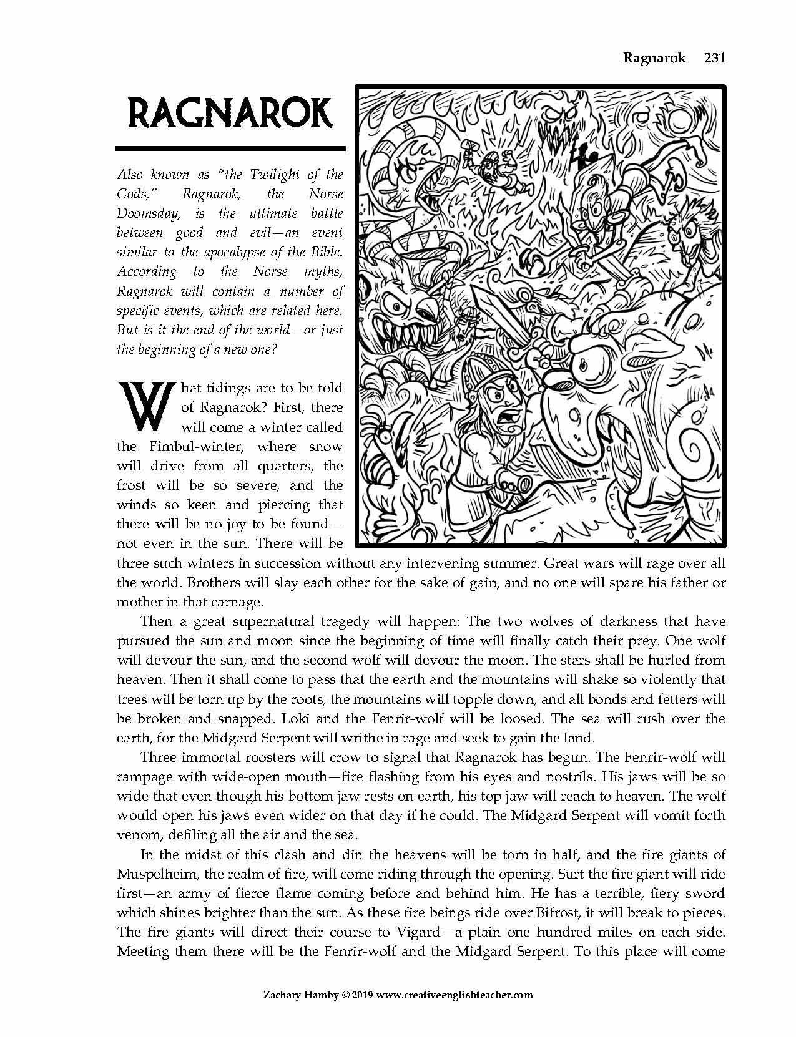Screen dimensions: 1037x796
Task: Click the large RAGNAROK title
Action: pyautogui.click(x=230, y=114)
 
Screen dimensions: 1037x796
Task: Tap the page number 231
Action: pyautogui.click(x=714, y=58)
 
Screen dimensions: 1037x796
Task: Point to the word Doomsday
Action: pyautogui.click(x=148, y=213)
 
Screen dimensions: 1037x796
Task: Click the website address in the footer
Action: pyautogui.click(x=455, y=995)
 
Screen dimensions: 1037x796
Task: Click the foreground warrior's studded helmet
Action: pyautogui.click(x=479, y=372)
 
